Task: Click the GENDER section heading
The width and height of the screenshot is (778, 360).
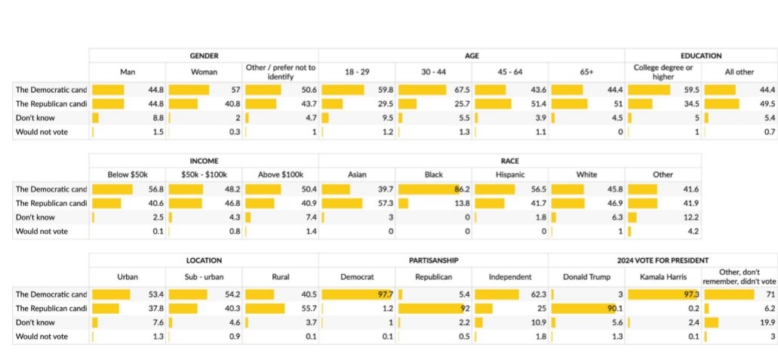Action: click(x=204, y=56)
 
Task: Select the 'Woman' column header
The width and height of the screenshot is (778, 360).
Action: click(x=204, y=72)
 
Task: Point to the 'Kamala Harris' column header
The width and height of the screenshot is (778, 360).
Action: click(x=663, y=277)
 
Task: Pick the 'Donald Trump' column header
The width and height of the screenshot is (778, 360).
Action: click(x=586, y=277)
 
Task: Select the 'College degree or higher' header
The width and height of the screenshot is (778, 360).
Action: click(x=663, y=72)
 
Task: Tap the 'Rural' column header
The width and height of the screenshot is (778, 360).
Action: click(x=280, y=277)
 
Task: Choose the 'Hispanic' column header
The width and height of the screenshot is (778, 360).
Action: click(x=510, y=174)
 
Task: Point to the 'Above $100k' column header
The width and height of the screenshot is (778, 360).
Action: click(x=280, y=174)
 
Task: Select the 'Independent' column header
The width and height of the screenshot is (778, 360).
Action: click(x=510, y=277)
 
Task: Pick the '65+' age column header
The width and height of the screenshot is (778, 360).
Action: click(x=586, y=72)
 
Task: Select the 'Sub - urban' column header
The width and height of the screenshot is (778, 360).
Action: click(x=204, y=277)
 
